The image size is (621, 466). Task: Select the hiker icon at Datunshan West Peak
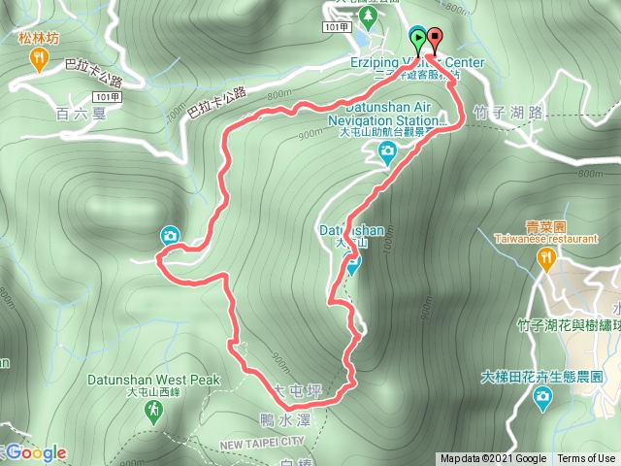click(154, 414)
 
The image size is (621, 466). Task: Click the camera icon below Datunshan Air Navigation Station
click(387, 150)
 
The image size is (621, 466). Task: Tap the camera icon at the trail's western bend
click(170, 235)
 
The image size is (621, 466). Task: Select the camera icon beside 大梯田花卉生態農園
click(541, 395)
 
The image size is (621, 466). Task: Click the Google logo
click(35, 453)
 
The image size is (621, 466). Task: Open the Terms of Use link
click(586, 459)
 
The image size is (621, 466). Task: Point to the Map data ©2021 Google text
click(493, 459)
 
